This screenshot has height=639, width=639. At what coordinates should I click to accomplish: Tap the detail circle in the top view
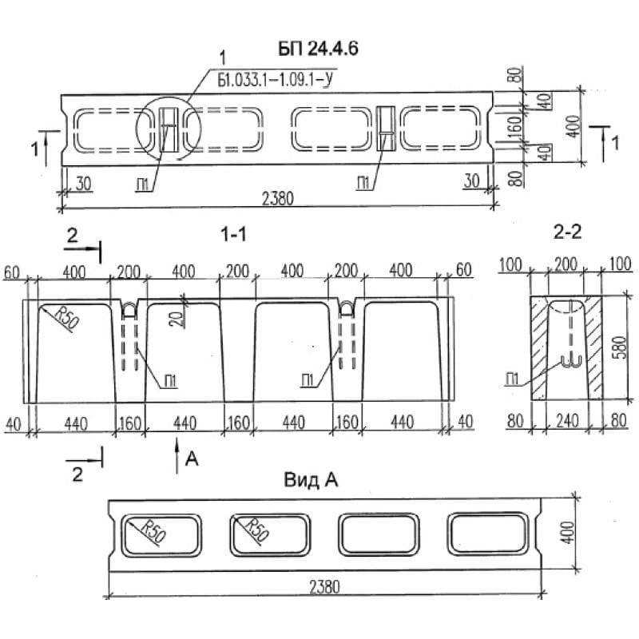[x=167, y=128]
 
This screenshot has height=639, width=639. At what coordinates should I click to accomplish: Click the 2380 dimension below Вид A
[x=323, y=586]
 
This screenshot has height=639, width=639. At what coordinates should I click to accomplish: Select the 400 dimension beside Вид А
[x=569, y=531]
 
